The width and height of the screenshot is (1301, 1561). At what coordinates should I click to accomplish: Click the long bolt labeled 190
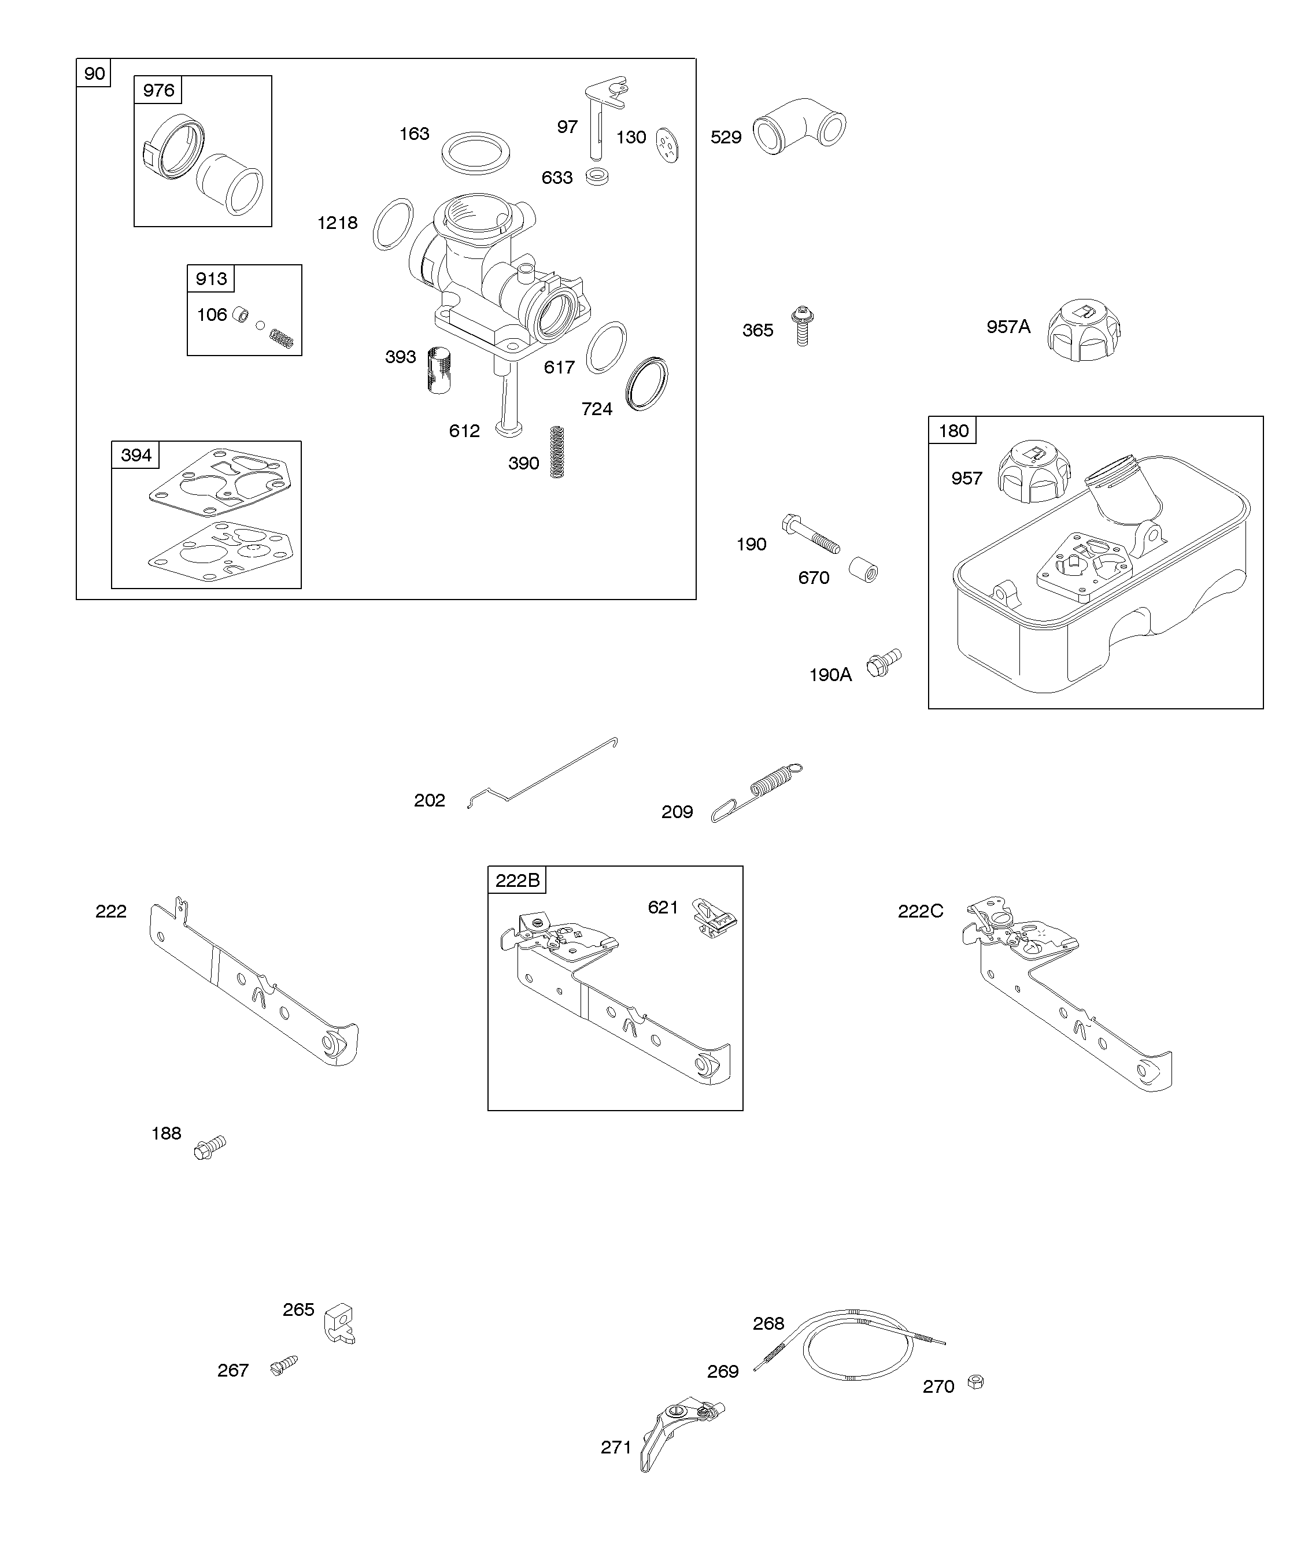pyautogui.click(x=810, y=534)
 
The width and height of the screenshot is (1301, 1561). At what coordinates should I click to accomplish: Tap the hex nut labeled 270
pyautogui.click(x=975, y=1382)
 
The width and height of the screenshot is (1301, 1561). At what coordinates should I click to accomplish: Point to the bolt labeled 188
pyautogui.click(x=210, y=1147)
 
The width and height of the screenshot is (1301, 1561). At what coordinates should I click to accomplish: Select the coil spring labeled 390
pyautogui.click(x=557, y=451)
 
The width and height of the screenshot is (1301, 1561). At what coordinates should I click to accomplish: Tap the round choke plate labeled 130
pyautogui.click(x=668, y=144)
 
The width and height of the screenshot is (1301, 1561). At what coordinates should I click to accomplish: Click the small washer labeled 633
pyautogui.click(x=597, y=177)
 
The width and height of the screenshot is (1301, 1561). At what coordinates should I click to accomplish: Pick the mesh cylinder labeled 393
pyautogui.click(x=439, y=369)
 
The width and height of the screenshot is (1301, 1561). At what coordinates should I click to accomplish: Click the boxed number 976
pyautogui.click(x=158, y=90)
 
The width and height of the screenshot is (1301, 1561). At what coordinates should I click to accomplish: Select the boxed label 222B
pyautogui.click(x=517, y=880)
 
